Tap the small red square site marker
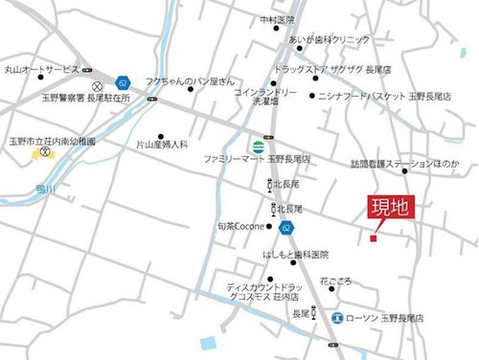tap(373, 238)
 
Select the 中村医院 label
tap(278, 20)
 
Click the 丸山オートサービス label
tap(41, 70)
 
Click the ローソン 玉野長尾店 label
tap(385, 317)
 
